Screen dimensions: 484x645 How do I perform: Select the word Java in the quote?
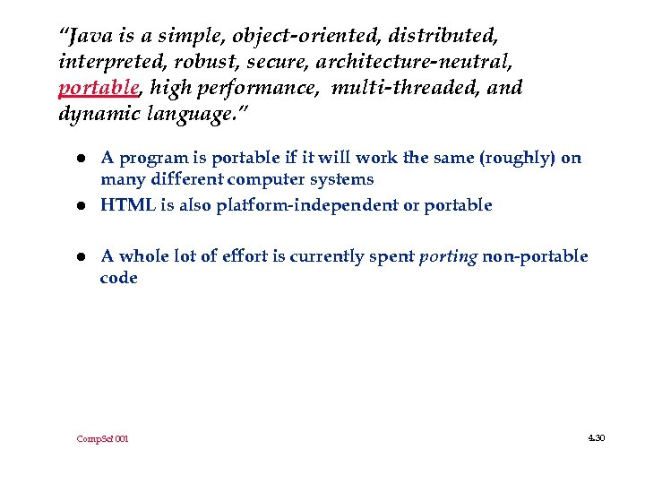click(x=86, y=37)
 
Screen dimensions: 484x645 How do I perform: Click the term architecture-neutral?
click(x=413, y=63)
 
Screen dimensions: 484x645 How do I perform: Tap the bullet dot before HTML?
click(x=80, y=206)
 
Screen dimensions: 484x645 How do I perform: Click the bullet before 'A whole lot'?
click(x=80, y=257)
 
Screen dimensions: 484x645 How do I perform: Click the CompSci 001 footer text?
click(x=102, y=439)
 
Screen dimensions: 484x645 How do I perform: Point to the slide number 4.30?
click(x=596, y=437)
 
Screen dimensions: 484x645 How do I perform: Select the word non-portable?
click(x=535, y=257)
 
